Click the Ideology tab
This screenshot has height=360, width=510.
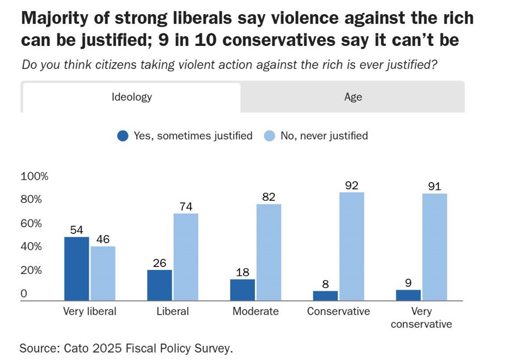[x=131, y=97]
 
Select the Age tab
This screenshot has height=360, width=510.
[x=352, y=97]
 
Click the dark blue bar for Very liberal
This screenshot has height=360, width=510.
[x=76, y=269]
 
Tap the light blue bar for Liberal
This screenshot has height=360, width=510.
[x=186, y=257]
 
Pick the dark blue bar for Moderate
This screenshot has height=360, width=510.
[x=243, y=290]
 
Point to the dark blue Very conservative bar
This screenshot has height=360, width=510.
[x=408, y=295]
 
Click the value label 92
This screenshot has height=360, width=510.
[x=352, y=185]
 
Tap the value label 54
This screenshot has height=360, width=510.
[x=77, y=230]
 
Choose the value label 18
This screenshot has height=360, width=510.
[x=243, y=272]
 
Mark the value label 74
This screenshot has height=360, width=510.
[x=186, y=207]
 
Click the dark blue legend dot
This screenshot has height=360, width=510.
[x=123, y=136]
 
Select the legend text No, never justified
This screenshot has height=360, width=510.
[x=324, y=136]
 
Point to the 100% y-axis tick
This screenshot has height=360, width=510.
[x=34, y=176]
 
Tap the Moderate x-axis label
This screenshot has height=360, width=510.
[x=256, y=311]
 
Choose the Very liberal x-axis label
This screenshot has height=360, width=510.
[x=89, y=311]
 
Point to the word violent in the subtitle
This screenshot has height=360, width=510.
[x=194, y=64]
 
